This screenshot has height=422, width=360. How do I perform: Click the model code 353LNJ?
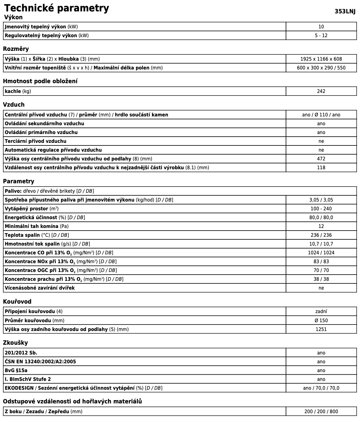[x=345, y=11]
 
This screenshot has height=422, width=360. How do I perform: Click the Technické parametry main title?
[x=56, y=8]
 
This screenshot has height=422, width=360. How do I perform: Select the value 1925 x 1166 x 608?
[x=321, y=59]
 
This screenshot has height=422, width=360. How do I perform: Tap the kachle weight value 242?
[x=321, y=91]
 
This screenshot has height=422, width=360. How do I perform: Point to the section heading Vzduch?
[x=14, y=105]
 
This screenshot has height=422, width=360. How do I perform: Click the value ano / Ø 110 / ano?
[x=321, y=115]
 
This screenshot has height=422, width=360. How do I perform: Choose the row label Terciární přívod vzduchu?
[x=36, y=141]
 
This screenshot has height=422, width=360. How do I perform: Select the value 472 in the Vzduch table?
[x=321, y=159]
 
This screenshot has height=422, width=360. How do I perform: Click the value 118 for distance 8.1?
[x=321, y=168]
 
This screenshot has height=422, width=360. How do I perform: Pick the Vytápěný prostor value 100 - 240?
[x=321, y=209]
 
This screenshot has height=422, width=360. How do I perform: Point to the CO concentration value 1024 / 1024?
[x=321, y=253]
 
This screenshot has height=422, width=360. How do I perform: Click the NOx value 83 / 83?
[x=321, y=262]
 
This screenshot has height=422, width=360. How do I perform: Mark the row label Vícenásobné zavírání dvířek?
[x=40, y=288]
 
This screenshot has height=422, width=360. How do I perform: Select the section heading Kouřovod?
[x=17, y=302]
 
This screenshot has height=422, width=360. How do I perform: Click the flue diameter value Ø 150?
[x=321, y=321]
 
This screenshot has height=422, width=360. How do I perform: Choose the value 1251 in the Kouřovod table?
[x=321, y=329]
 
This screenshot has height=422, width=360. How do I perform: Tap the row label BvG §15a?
[x=16, y=370]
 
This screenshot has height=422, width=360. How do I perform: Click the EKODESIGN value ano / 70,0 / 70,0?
[x=321, y=388]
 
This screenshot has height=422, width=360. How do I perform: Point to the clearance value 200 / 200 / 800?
[x=321, y=412]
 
